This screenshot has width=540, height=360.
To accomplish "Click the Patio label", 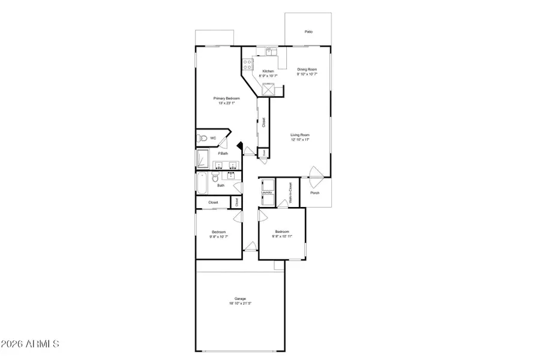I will point(308,32).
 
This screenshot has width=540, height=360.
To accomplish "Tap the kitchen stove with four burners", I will point(248,64).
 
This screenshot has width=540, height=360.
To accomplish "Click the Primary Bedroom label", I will point(227,98).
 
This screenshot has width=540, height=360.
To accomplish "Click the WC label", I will point(212,138).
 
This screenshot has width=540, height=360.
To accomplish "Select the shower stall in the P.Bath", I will point(202,159).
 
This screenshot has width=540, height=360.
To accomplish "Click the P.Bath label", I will point(223,154).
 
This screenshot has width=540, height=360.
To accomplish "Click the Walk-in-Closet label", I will point(290,194).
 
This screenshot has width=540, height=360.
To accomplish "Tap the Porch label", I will point(314,193).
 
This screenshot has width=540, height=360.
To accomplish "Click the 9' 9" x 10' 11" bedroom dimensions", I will point(282,236).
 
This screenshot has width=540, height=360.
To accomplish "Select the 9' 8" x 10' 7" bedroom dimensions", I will point(218,236).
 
